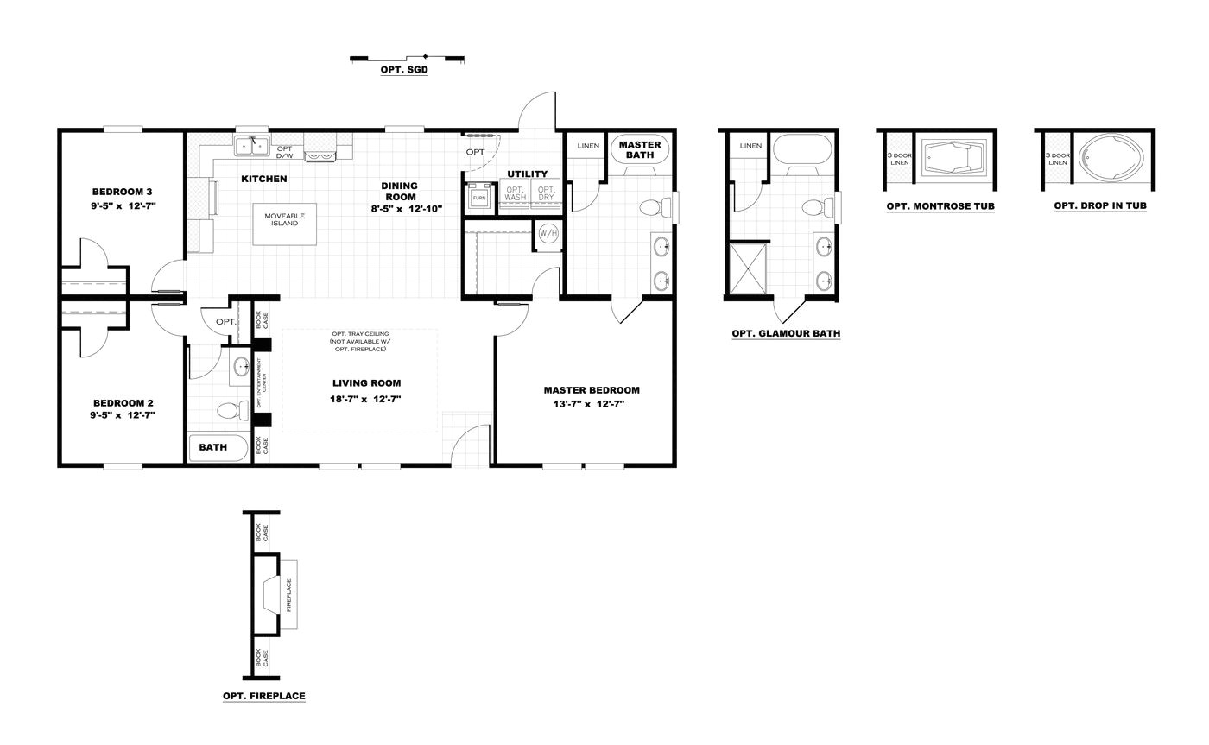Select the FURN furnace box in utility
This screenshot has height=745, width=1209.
point(478,197)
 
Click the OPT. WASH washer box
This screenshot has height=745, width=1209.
point(516,193)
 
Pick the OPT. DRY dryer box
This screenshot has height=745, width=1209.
point(546,193)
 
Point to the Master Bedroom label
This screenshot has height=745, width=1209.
point(591,390)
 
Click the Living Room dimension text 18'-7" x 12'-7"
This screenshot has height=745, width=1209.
point(366,399)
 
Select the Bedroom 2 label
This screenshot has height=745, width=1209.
point(123,403)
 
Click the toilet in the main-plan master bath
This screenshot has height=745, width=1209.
point(654,207)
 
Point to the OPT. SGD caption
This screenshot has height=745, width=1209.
point(404,70)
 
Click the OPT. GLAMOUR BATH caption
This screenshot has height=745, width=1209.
point(785,333)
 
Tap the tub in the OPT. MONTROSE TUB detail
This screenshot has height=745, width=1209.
point(953,160)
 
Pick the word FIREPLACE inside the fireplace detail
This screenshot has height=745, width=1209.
point(288,595)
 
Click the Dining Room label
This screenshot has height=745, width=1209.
point(399,191)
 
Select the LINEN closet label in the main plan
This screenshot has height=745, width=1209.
point(588,146)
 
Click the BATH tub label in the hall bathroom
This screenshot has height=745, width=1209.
point(212,447)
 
